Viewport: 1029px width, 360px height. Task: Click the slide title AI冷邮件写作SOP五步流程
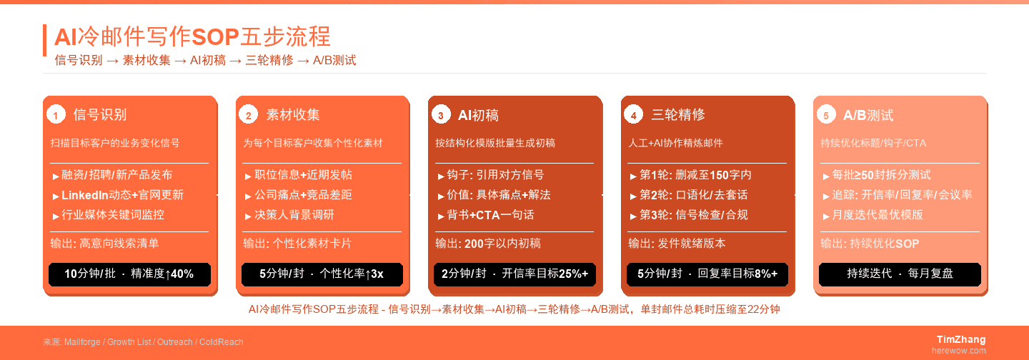tap(192, 36)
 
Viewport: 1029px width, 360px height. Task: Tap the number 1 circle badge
tap(56, 115)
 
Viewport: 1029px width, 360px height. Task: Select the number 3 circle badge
tap(441, 115)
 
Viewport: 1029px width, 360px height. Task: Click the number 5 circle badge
tap(826, 115)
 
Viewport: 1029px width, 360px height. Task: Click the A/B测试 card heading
tap(868, 115)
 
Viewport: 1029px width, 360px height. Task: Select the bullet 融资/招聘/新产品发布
tap(116, 175)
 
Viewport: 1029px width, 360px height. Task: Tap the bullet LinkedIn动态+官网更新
tap(122, 195)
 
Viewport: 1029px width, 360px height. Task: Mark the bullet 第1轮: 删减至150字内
tap(695, 175)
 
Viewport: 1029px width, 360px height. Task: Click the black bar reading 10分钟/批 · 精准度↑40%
tap(129, 274)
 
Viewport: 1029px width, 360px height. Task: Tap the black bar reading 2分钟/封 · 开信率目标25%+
tap(514, 274)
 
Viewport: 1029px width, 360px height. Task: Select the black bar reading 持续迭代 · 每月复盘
tap(900, 274)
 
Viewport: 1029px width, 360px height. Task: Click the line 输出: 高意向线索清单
tap(104, 244)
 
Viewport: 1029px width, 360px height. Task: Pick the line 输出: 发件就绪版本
tap(677, 244)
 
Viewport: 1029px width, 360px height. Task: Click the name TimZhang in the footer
tap(961, 339)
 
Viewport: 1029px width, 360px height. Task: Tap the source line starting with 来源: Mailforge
tap(143, 342)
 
